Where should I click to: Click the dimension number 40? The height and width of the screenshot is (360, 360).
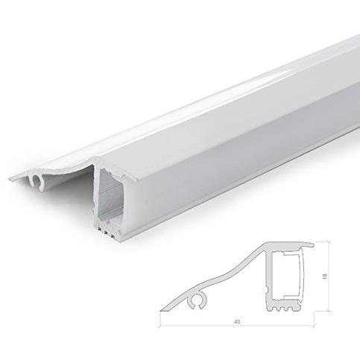tap(237, 322)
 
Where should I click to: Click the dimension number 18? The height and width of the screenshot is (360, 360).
tap(325, 276)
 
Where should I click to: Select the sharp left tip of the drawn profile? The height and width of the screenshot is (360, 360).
tap(160, 310)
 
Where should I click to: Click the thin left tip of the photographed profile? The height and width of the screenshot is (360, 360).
tap(10, 180)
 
